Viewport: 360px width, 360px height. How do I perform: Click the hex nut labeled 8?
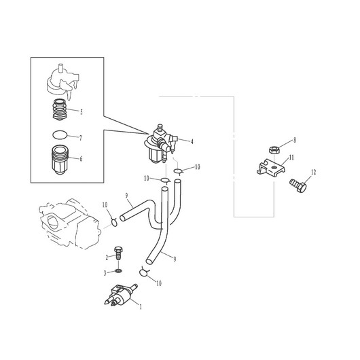pyautogui.click(x=274, y=150)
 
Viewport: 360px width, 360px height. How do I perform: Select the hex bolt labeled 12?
pyautogui.click(x=298, y=185)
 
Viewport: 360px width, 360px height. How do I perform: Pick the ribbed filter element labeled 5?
pyautogui.click(x=60, y=110)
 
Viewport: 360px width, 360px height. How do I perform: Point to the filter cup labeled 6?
pyautogui.click(x=60, y=160)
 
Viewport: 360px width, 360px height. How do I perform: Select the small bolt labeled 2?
pyautogui.click(x=118, y=253)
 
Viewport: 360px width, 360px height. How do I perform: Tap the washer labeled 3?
pyautogui.click(x=118, y=271)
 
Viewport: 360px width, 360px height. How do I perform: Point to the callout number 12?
pyautogui.click(x=313, y=172)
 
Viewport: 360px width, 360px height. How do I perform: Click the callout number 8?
pyautogui.click(x=295, y=140)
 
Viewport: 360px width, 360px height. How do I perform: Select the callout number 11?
pyautogui.click(x=291, y=158)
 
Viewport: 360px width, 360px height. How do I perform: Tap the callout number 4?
pyautogui.click(x=192, y=141)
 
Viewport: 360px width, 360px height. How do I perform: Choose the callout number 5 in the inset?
pyautogui.click(x=81, y=112)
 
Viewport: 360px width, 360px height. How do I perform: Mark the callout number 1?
pyautogui.click(x=141, y=306)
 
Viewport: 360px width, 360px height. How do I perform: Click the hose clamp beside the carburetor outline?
pyautogui.click(x=114, y=221)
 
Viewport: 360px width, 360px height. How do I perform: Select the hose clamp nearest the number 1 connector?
pyautogui.click(x=144, y=272)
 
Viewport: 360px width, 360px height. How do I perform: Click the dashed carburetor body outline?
pyautogui.click(x=70, y=223)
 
